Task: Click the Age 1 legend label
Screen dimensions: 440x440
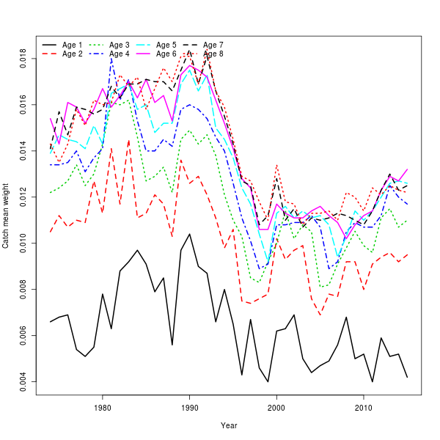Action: pyautogui.click(x=73, y=45)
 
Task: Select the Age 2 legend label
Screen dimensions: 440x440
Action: pyautogui.click(x=73, y=54)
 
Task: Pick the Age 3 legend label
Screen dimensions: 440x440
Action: pyautogui.click(x=120, y=45)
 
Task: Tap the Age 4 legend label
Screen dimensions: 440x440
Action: pyautogui.click(x=120, y=54)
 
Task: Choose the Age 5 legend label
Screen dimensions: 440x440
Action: pyautogui.click(x=166, y=45)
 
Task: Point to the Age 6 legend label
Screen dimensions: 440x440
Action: pyautogui.click(x=166, y=54)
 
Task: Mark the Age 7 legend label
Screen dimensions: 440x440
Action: pyautogui.click(x=213, y=45)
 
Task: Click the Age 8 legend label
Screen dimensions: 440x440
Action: pyautogui.click(x=213, y=54)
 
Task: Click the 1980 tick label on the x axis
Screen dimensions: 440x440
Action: pyautogui.click(x=103, y=407)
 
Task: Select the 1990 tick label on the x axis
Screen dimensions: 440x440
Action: pyautogui.click(x=190, y=407)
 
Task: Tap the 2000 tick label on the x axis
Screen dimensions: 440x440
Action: pyautogui.click(x=277, y=407)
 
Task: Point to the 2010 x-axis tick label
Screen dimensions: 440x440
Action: pyautogui.click(x=364, y=407)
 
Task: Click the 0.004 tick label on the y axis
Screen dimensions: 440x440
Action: pyautogui.click(x=24, y=381)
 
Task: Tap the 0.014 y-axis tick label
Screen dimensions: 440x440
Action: pyautogui.click(x=24, y=151)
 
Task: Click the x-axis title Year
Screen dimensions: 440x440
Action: pyautogui.click(x=229, y=425)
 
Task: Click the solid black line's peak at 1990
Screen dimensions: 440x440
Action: pyautogui.click(x=190, y=234)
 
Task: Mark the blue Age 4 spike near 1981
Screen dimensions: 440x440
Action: pyautogui.click(x=111, y=58)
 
